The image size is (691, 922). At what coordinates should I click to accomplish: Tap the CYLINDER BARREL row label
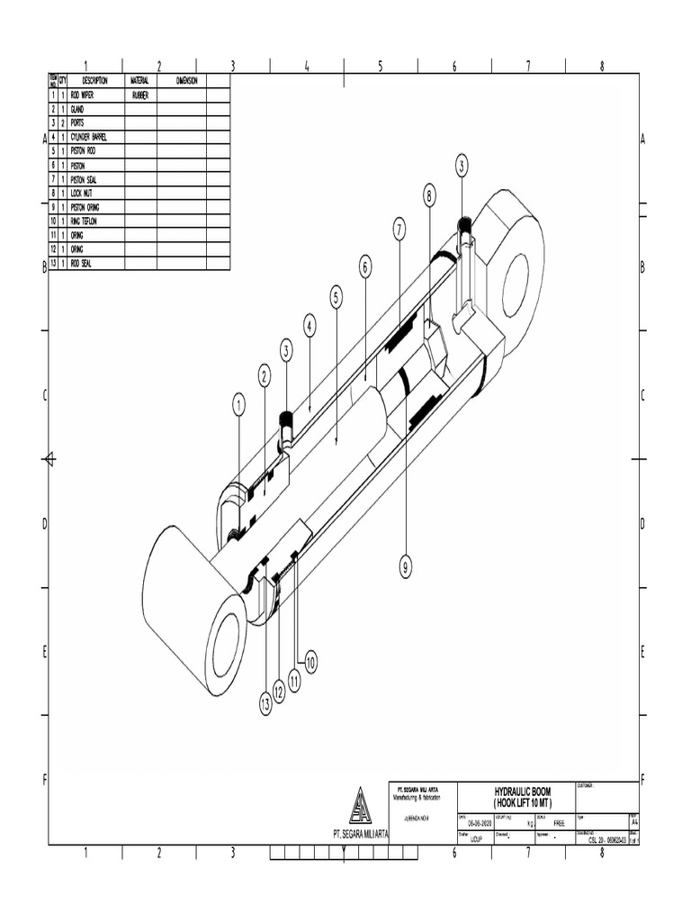point(94,137)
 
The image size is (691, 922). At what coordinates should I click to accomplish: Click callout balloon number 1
point(239,406)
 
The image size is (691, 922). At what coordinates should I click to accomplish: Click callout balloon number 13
point(265,706)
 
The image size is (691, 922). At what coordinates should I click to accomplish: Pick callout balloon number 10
point(310,663)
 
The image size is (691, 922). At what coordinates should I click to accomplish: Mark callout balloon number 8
point(430,194)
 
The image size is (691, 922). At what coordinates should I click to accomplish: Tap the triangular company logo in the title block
point(360,806)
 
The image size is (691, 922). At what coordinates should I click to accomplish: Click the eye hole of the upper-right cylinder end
point(516,285)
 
